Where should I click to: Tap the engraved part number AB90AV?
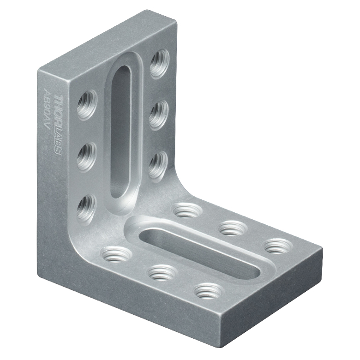tap(47, 110)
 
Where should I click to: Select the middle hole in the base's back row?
tap(233, 228)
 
